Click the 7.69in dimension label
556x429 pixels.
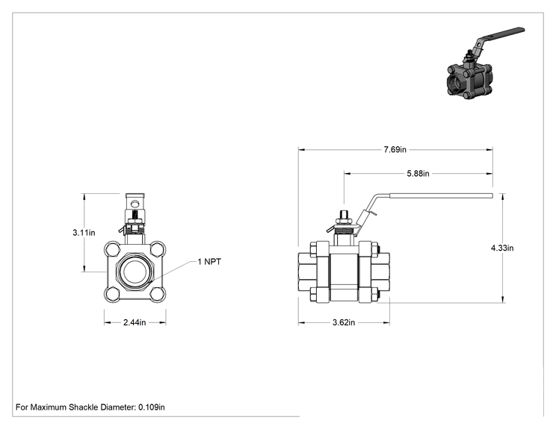point(395,150)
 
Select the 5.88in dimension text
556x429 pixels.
point(418,173)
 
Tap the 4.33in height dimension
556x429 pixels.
point(502,248)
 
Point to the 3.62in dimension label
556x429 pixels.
point(344,322)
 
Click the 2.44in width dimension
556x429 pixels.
point(135,322)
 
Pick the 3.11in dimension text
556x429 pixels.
point(84,233)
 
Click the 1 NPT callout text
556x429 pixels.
point(209,262)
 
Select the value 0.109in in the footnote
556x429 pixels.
point(152,407)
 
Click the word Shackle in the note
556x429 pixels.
point(84,407)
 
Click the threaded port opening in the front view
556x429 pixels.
point(135,272)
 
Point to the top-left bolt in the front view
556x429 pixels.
point(113,249)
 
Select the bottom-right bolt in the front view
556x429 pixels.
point(157,294)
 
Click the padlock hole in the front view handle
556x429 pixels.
point(135,204)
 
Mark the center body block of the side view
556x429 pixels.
point(344,273)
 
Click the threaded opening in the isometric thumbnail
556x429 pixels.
point(454,84)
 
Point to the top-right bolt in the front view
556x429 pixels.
point(157,249)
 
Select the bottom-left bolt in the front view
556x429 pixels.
point(113,294)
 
